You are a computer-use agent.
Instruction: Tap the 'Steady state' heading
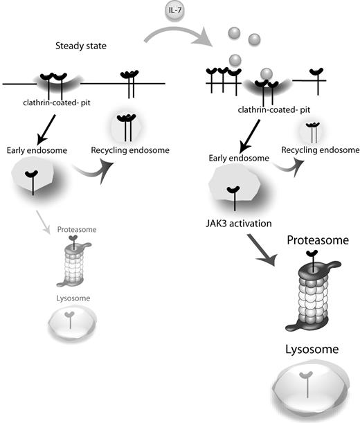[83, 47]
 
